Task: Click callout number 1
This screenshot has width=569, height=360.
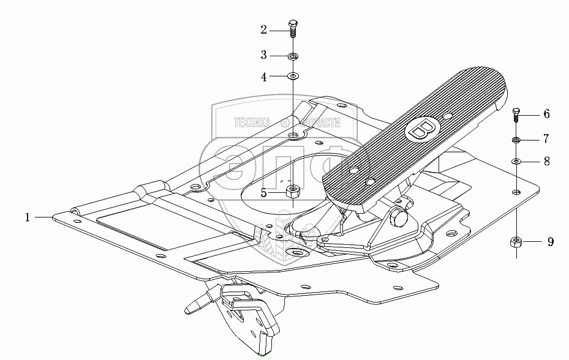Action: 28,217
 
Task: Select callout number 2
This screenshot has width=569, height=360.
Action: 264,29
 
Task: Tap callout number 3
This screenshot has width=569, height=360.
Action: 264,55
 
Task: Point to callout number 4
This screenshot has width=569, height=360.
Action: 264,77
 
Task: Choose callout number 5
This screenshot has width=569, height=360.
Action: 264,193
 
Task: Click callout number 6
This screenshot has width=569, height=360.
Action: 546,114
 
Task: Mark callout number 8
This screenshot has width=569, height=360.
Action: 546,162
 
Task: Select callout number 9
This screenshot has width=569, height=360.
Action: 550,242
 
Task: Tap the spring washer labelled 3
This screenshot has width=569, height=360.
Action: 293,57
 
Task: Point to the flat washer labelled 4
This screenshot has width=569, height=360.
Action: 293,77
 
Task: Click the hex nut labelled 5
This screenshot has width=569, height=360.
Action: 293,193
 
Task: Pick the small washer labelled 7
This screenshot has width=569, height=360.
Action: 516,140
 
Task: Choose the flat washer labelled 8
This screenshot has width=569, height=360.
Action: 516,162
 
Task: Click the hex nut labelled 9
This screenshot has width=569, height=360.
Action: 516,242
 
